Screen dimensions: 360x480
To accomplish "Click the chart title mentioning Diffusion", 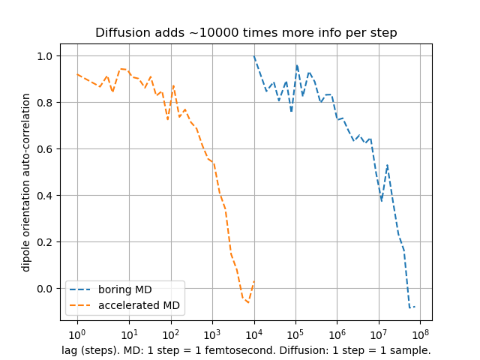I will (x=246, y=33).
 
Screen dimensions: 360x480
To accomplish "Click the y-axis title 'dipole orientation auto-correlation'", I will (x=26, y=182).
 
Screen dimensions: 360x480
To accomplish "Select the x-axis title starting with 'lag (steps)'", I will (x=246, y=350).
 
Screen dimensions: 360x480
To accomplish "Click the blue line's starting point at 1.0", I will (x=254, y=56).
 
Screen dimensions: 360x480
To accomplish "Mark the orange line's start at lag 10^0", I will (x=77, y=74).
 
